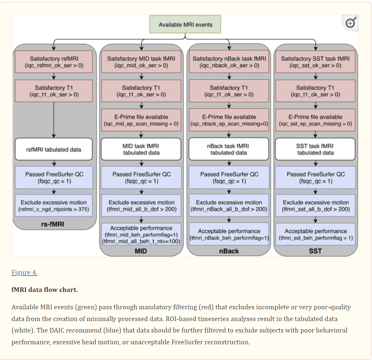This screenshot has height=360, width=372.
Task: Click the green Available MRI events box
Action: pyautogui.click(x=185, y=25)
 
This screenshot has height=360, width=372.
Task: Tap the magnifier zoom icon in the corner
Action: pyautogui.click(x=350, y=23)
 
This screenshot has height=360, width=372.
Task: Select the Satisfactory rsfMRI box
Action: pyautogui.click(x=54, y=62)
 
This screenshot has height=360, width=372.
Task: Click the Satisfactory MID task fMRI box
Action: pyautogui.click(x=141, y=62)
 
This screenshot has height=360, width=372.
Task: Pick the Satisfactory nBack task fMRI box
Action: pyautogui.click(x=229, y=62)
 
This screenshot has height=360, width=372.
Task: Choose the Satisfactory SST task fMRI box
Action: pyautogui.click(x=315, y=62)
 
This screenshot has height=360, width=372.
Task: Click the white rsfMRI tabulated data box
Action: pyautogui.click(x=54, y=150)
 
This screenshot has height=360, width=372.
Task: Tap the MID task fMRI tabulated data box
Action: pyautogui.click(x=141, y=149)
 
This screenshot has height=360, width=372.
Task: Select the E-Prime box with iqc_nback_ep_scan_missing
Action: pyautogui.click(x=229, y=120)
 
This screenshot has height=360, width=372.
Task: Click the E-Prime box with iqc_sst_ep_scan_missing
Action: pyautogui.click(x=315, y=120)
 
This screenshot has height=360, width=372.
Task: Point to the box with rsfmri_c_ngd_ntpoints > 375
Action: pyautogui.click(x=54, y=206)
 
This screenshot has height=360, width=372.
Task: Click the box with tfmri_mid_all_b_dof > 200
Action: pyautogui.click(x=141, y=206)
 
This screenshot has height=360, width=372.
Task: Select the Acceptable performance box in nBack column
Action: pyautogui.click(x=229, y=234)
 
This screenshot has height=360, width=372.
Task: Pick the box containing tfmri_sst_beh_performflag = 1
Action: pyautogui.click(x=315, y=234)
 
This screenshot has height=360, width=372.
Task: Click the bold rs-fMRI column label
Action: pyautogui.click(x=53, y=224)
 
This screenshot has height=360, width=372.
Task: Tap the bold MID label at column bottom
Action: pyautogui.click(x=141, y=251)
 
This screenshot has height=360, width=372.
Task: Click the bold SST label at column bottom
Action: pyautogui.click(x=315, y=251)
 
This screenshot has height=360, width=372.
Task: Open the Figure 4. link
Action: pyautogui.click(x=25, y=272)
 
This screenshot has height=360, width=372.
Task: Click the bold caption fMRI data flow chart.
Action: pyautogui.click(x=45, y=290)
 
